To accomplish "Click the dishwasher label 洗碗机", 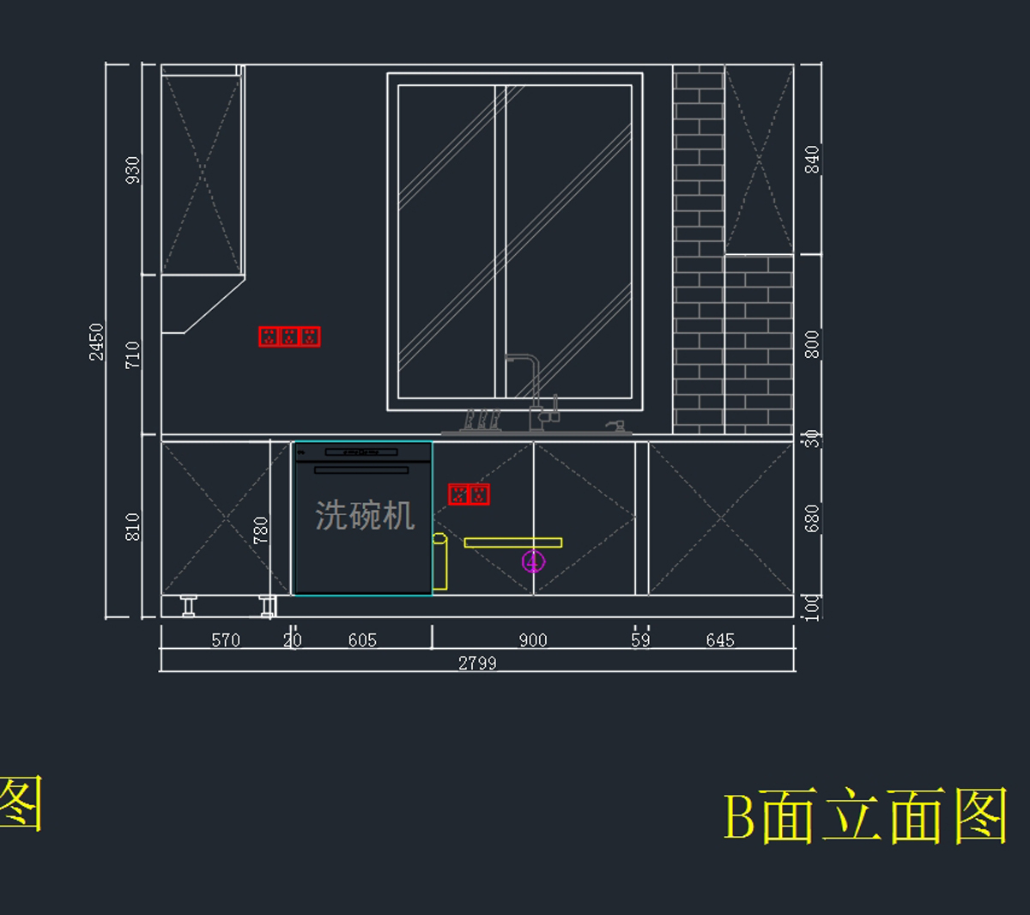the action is pyautogui.click(x=365, y=516).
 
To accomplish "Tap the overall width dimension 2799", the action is pyautogui.click(x=477, y=663).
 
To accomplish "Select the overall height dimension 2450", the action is pyautogui.click(x=96, y=342).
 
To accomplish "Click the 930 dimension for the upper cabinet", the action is pyautogui.click(x=133, y=169).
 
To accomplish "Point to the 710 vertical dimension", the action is pyautogui.click(x=133, y=354).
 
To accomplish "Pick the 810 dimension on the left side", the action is pyautogui.click(x=133, y=526).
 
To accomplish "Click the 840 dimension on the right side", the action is pyautogui.click(x=812, y=159).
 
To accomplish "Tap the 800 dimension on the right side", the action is pyautogui.click(x=812, y=343).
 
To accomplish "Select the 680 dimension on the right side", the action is pyautogui.click(x=812, y=518).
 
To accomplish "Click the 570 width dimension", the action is pyautogui.click(x=226, y=640).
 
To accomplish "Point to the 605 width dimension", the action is pyautogui.click(x=362, y=640).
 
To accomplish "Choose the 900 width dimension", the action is pyautogui.click(x=533, y=640).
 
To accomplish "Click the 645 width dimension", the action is pyautogui.click(x=720, y=640).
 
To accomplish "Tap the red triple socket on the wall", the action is pyautogui.click(x=289, y=336).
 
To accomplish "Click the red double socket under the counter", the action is pyautogui.click(x=469, y=494).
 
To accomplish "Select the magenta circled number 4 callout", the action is pyautogui.click(x=533, y=562).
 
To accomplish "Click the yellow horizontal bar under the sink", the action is pyautogui.click(x=512, y=542).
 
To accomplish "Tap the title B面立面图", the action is pyautogui.click(x=865, y=815).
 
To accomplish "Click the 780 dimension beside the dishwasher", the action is pyautogui.click(x=261, y=530).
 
